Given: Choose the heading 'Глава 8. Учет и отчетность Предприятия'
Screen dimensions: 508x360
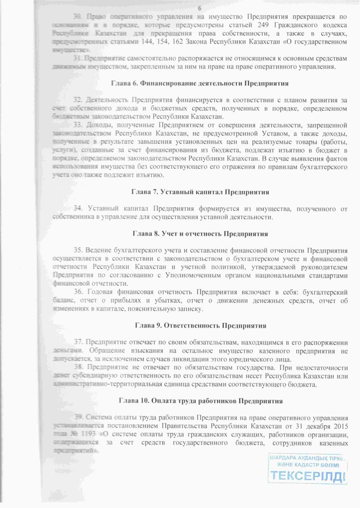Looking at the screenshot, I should click(x=200, y=233).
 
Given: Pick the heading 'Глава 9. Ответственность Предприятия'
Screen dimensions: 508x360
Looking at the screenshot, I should click(x=200, y=326).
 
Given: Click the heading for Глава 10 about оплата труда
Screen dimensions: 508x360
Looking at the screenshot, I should click(x=201, y=400).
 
